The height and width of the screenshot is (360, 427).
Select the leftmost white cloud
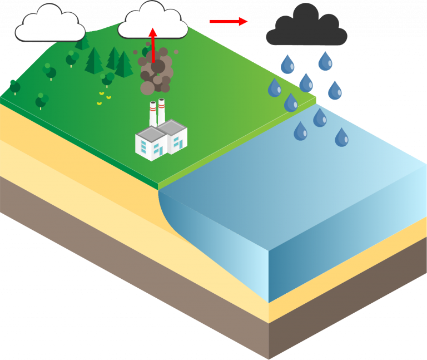coord(49,24)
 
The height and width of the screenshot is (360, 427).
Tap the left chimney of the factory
coord(153,114)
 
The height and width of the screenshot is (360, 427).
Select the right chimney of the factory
coord(161,111)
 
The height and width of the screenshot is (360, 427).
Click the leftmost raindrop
coord(275,88)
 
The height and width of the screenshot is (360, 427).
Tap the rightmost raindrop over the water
coord(341,137)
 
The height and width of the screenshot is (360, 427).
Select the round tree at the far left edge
coord(14,87)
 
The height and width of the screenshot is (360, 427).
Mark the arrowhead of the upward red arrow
coord(152,32)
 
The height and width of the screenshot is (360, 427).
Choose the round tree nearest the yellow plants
coord(107,78)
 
